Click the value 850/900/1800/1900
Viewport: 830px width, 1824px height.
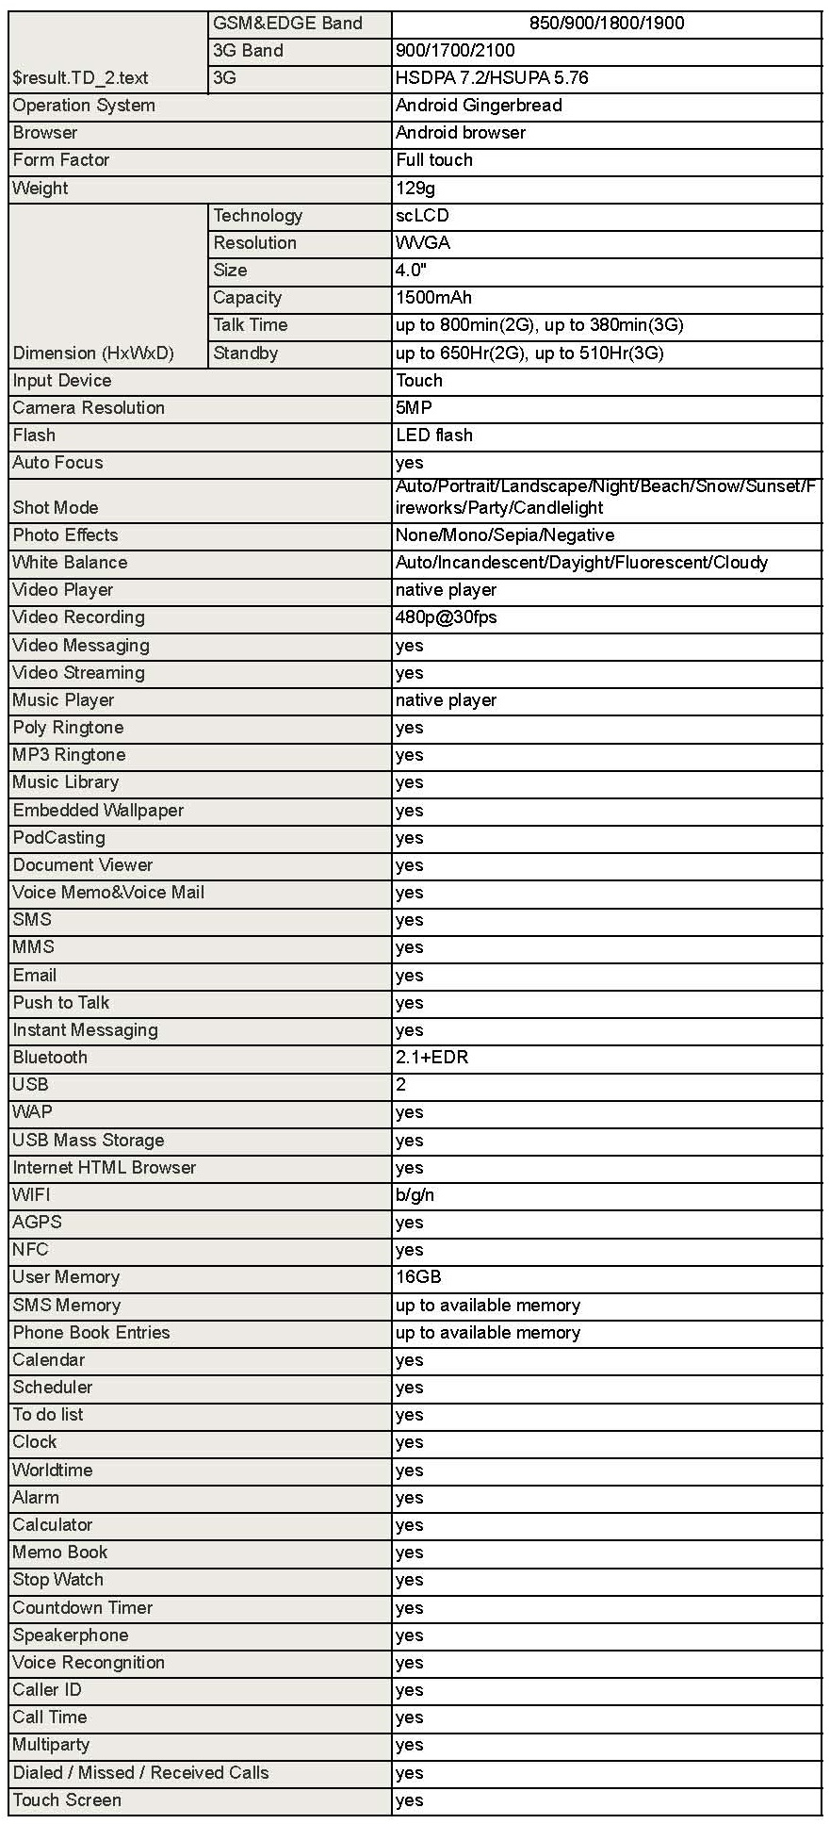[x=607, y=24]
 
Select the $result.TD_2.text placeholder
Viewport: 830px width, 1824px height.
[x=80, y=78]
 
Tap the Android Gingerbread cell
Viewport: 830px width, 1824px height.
[x=479, y=106]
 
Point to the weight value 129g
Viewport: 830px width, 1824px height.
[x=415, y=189]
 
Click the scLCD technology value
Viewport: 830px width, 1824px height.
[x=422, y=216]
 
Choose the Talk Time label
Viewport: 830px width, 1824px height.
[x=250, y=325]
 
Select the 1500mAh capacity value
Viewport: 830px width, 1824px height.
[x=433, y=298]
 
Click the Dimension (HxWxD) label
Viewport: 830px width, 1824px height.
[x=93, y=353]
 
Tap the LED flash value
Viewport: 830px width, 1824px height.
[x=434, y=435]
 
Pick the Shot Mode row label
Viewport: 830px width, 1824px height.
[x=56, y=508]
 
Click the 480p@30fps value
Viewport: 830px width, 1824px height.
[x=446, y=617]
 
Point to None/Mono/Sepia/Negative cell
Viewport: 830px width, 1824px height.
[x=505, y=535]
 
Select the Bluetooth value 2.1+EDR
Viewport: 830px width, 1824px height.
[x=431, y=1058]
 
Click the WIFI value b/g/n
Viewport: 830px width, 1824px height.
[x=415, y=1195]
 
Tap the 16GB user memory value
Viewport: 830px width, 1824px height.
[x=418, y=1277]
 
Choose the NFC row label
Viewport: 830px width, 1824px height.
[x=30, y=1250]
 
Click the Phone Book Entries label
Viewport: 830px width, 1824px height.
[x=91, y=1333]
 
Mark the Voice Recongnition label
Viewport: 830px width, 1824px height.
[x=89, y=1663]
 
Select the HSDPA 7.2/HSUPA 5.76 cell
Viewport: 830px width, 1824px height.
[x=492, y=78]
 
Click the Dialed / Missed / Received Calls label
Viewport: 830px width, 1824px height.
[x=140, y=1773]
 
